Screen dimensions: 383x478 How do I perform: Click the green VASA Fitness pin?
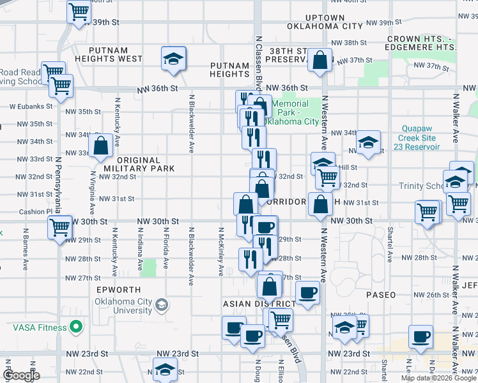pos(75,327)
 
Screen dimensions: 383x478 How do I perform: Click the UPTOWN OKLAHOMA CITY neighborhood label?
pos(325,22)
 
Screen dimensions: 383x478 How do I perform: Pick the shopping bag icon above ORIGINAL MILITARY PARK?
pos(101,146)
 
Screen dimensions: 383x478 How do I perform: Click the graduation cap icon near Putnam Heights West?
pos(173,58)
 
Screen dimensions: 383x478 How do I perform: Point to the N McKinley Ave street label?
pos(221,252)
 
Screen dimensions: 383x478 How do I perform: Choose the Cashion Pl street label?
pos(35,211)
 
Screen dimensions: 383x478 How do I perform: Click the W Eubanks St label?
pos(29,107)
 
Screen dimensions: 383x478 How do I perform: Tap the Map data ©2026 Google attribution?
pos(438,378)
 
